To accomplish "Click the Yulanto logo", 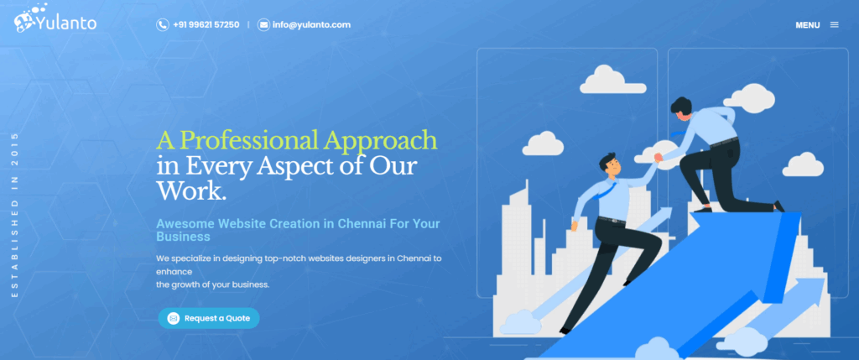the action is (55, 19).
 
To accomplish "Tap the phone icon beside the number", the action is (162, 24).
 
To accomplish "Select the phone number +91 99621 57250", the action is (206, 24).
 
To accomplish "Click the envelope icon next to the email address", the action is (264, 24).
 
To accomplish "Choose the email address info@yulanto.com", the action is (312, 24).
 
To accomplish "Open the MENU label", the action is (808, 25).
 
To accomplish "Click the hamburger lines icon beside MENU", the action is (835, 24).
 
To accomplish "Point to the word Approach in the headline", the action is (380, 141).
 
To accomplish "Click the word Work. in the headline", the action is (191, 190).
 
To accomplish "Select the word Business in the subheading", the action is (183, 237).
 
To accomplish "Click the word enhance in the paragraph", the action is (174, 271).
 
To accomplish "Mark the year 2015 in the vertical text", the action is (15, 143).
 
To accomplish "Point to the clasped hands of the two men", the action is (659, 157).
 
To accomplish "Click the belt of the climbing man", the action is (612, 220).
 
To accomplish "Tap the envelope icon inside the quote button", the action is (173, 318).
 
